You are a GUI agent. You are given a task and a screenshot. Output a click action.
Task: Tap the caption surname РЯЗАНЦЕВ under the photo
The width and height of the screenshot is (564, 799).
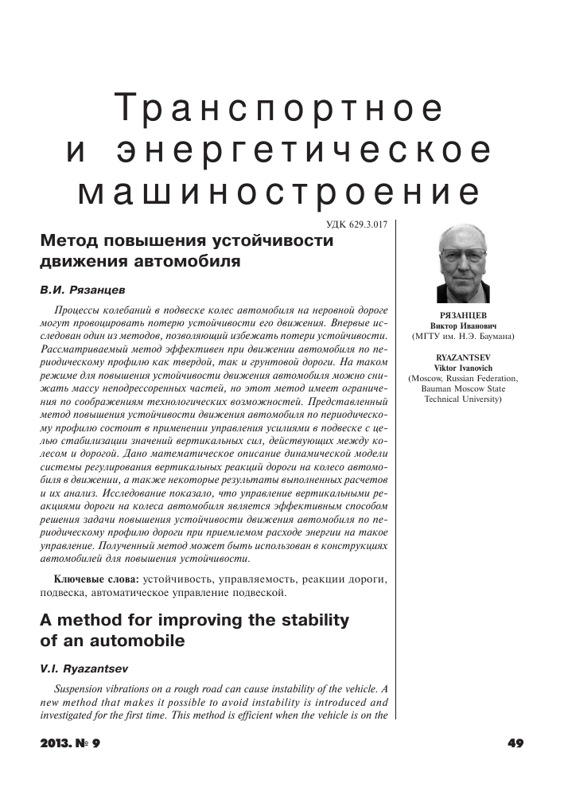(x=462, y=316)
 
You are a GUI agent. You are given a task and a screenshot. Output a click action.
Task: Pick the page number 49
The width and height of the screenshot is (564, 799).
(x=514, y=743)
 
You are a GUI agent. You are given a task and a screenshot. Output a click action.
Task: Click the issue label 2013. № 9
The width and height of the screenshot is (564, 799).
(x=72, y=743)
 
